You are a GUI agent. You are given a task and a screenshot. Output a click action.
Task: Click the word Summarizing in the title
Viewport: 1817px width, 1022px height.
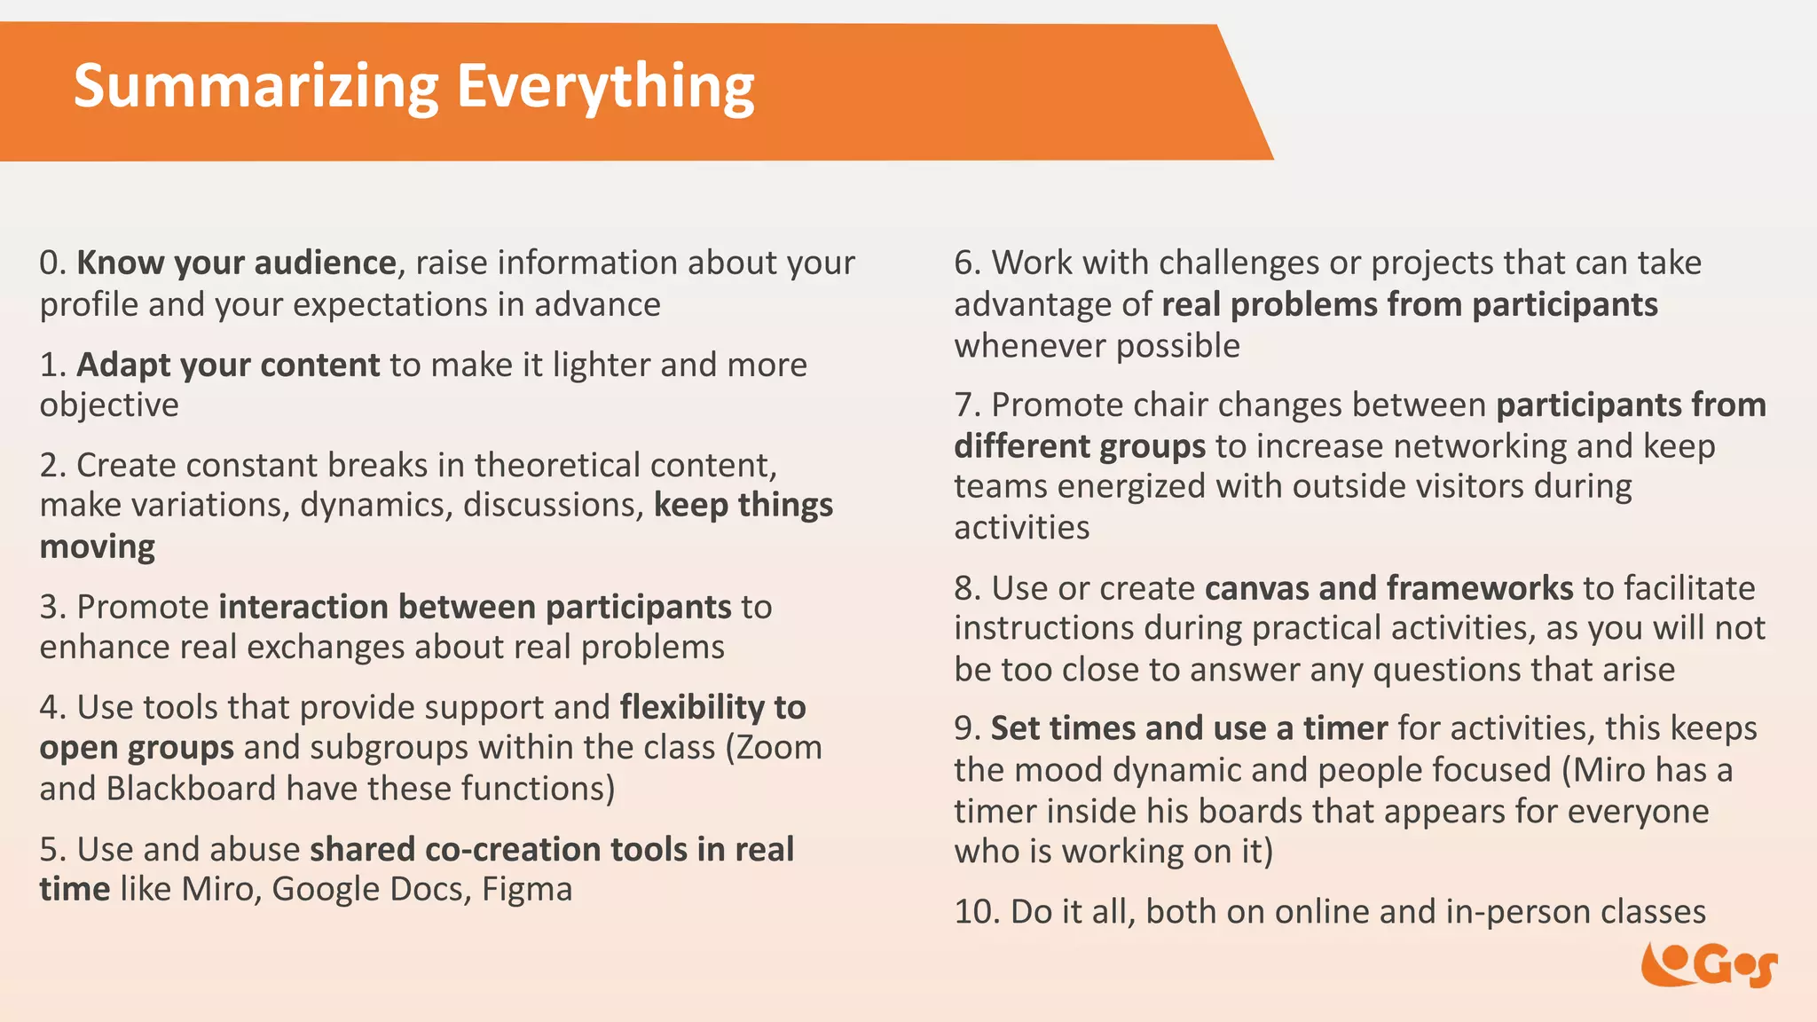point(256,87)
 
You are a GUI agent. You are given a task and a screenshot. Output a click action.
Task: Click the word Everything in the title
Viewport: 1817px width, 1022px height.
point(604,87)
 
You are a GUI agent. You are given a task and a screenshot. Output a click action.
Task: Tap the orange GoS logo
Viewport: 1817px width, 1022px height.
point(1708,965)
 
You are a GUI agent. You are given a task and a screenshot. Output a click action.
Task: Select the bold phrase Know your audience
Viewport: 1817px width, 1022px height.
point(236,263)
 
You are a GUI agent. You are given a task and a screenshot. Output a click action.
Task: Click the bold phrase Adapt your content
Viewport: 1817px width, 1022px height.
point(228,366)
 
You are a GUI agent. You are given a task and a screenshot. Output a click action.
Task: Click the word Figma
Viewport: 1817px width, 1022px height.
point(527,890)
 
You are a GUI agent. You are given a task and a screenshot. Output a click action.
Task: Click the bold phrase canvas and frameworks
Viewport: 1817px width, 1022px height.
point(1388,588)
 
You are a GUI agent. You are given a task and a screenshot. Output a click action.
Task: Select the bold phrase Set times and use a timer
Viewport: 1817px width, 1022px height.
point(1189,728)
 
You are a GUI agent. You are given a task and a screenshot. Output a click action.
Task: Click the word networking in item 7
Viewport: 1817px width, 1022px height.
point(1479,446)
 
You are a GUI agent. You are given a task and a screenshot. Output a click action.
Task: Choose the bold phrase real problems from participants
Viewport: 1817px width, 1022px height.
point(1409,305)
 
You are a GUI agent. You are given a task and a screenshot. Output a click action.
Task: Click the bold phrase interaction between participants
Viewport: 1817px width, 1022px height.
point(475,608)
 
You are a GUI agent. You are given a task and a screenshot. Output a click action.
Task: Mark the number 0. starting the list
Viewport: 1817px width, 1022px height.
point(52,263)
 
